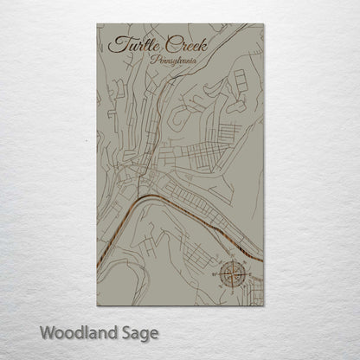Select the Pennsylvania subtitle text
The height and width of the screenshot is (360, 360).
point(171,61)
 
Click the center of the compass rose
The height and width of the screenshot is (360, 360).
point(231,275)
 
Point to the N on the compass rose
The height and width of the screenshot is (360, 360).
point(231,260)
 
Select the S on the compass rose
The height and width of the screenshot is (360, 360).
point(231,290)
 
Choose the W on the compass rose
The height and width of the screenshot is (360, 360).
point(216,275)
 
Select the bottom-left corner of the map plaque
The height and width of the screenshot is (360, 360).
point(95,306)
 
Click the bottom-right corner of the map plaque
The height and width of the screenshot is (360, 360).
point(264,306)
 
